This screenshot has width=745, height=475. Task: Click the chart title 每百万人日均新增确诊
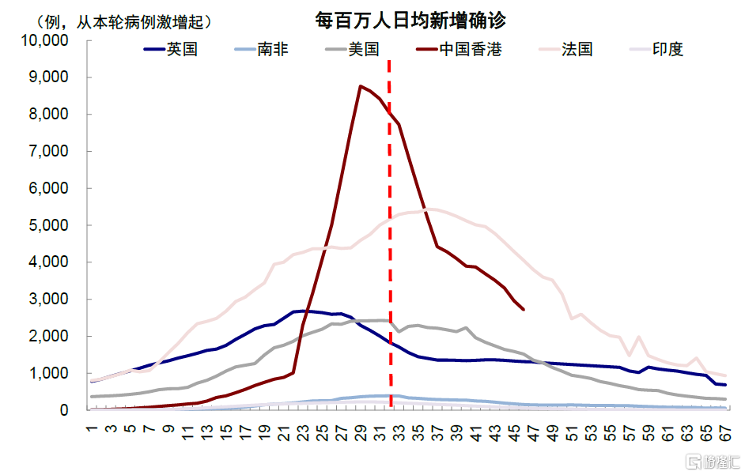pos(410,20)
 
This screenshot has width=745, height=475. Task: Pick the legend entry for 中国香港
pos(470,50)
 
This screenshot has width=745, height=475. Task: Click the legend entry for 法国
pos(577,50)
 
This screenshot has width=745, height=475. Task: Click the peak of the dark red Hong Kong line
pos(360,86)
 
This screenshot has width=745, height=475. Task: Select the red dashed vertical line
pos(389,237)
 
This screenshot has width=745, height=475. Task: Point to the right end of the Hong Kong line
pos(524,309)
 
